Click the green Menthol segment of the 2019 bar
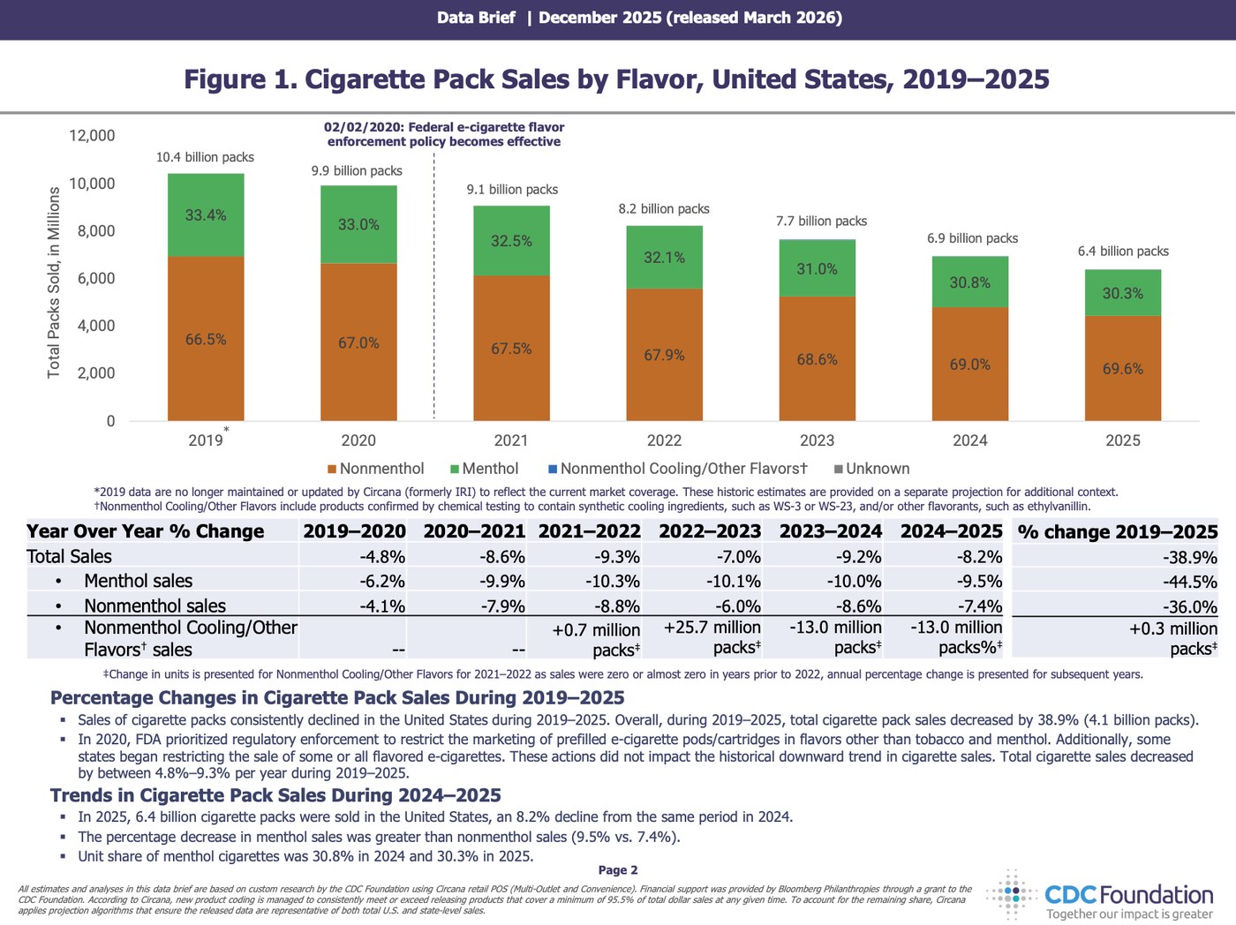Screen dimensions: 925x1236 click(206, 215)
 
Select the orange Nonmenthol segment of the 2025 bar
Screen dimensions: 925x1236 click(1122, 368)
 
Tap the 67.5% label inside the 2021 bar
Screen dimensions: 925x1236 click(511, 349)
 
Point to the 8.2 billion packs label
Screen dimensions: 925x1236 click(664, 209)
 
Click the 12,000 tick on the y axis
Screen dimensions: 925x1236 click(92, 136)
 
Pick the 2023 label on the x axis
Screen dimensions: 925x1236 click(817, 440)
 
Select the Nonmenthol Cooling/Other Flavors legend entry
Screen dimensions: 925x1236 click(677, 469)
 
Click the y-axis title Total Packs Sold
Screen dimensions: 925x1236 click(54, 282)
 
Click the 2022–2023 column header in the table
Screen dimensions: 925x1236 click(710, 531)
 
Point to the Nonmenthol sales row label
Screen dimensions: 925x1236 click(154, 605)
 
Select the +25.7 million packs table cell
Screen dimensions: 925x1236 click(712, 638)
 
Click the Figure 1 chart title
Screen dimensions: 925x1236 click(616, 79)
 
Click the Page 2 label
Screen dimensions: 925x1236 click(618, 870)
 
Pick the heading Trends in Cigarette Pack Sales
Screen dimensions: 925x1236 click(275, 795)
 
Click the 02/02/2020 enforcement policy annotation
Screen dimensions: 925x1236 click(444, 134)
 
